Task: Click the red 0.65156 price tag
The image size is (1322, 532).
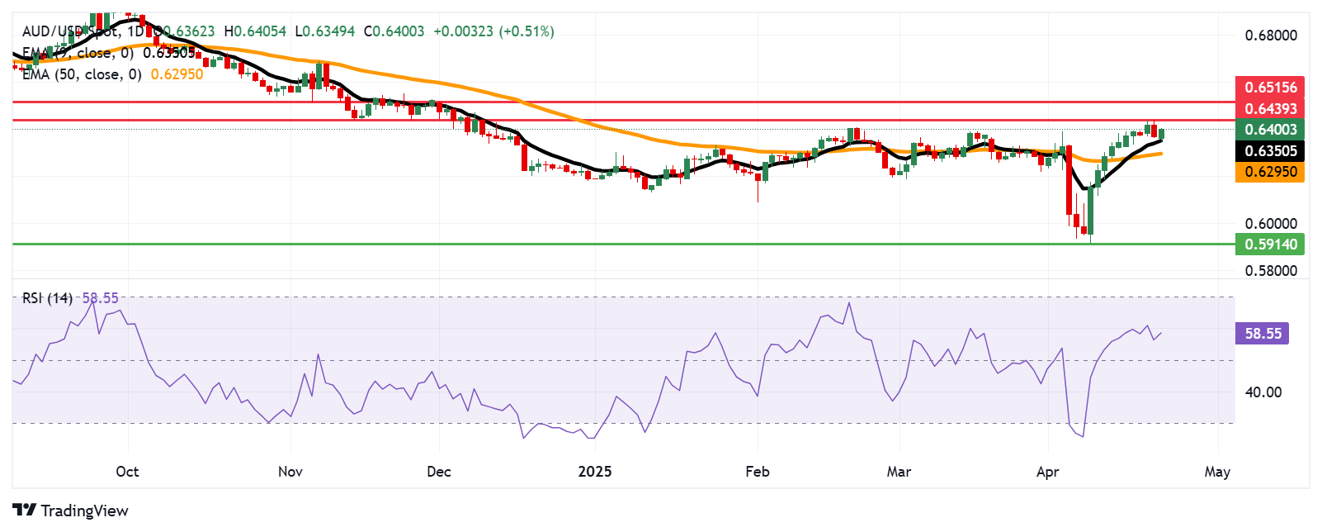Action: (1270, 88)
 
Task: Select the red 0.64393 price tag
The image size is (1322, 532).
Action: (1270, 109)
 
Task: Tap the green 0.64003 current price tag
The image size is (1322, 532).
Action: (1270, 130)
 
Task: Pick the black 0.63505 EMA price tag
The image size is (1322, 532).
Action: (1270, 151)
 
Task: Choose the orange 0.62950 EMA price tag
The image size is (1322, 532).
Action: (1270, 172)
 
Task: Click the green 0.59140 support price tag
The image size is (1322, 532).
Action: (1270, 245)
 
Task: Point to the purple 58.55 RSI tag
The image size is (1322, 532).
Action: (1263, 334)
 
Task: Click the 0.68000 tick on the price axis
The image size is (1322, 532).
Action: (1270, 36)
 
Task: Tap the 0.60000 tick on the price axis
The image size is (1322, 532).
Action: (1270, 224)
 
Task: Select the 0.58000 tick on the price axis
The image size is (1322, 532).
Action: (1270, 271)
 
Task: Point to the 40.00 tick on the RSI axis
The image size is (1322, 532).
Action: (1263, 392)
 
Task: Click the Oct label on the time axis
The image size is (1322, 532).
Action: (127, 472)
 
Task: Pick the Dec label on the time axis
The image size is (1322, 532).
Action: (439, 472)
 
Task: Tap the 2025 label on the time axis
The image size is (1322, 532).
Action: (594, 472)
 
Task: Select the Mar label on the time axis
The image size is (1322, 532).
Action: (899, 472)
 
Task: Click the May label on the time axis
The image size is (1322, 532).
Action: (1217, 472)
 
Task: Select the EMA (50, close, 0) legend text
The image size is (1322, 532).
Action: (82, 74)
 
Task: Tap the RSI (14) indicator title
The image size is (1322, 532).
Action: (47, 298)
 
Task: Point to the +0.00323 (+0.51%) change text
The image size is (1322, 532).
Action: (493, 31)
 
